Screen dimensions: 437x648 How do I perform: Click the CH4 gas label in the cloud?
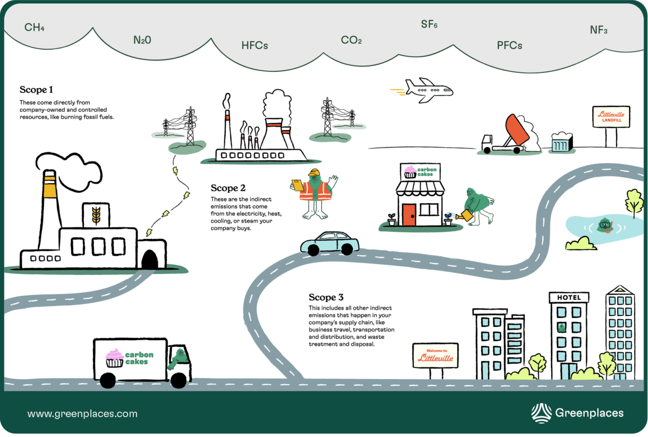[x=34, y=28]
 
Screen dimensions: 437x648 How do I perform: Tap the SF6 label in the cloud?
[x=429, y=25]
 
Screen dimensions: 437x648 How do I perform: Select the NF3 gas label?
[x=598, y=30]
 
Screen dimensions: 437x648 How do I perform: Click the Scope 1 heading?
[x=36, y=90]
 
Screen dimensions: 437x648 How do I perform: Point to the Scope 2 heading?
[x=228, y=188]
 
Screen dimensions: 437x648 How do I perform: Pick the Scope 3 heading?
[x=326, y=297]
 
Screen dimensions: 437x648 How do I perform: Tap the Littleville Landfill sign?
[x=611, y=117]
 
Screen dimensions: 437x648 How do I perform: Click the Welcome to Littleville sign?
[x=435, y=355]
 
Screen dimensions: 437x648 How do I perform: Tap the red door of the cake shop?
[x=409, y=214]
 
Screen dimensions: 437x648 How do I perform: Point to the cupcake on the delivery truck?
[x=114, y=358]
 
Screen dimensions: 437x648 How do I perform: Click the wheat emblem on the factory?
[x=96, y=215]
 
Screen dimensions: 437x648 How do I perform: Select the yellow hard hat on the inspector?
[x=314, y=173]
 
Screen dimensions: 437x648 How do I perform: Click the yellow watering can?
[x=464, y=216]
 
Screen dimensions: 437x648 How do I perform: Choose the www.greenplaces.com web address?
[x=83, y=414]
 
